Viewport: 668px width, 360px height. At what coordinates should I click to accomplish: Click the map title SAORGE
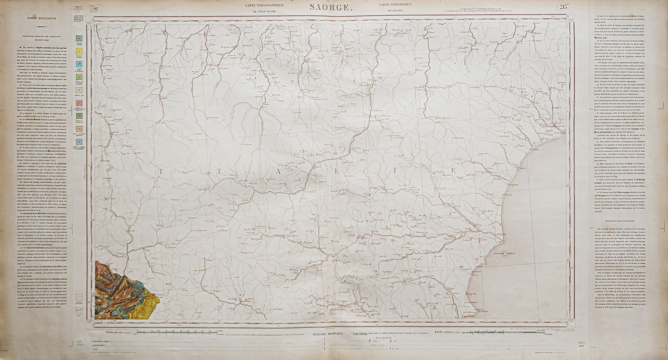click(329, 7)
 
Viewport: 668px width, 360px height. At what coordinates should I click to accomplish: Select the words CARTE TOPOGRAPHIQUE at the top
click(265, 5)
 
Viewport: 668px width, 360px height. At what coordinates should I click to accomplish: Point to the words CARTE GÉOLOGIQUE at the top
click(395, 4)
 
